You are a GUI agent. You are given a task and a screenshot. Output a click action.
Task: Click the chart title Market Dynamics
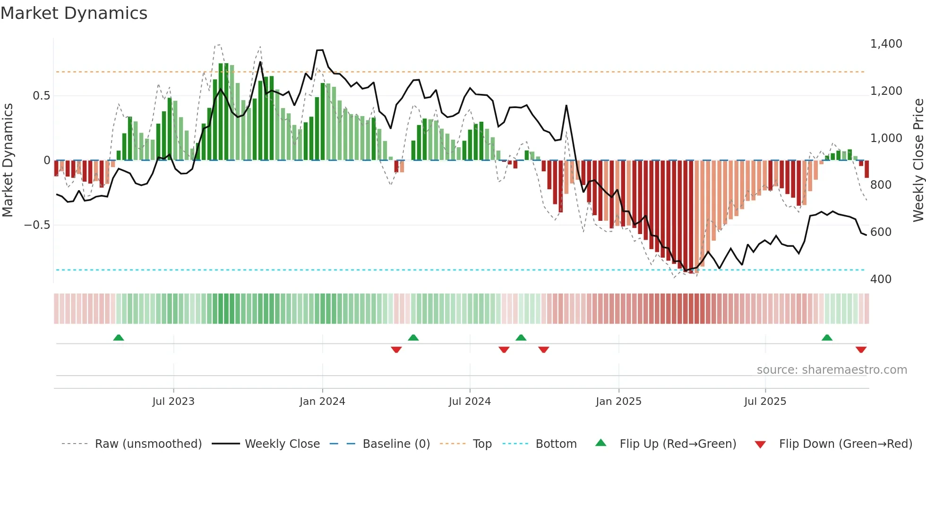coord(74,13)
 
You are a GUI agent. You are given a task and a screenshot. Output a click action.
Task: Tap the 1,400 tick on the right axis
coord(886,44)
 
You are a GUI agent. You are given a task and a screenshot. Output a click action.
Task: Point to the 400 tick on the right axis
coord(881,279)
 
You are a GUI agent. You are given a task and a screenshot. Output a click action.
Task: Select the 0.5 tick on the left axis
coord(41,96)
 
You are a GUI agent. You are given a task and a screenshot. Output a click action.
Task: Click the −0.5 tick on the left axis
coord(37,225)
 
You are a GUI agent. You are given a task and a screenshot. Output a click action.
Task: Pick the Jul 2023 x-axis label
coord(173,402)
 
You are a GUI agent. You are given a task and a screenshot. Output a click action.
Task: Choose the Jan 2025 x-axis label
coord(618,402)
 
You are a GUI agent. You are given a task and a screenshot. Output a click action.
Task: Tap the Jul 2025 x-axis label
coord(765,402)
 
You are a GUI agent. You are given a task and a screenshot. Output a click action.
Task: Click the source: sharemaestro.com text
coord(832,370)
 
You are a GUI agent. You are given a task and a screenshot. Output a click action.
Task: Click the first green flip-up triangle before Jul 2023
coord(119,338)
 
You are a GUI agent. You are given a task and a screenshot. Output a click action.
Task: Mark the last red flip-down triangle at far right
coord(861,350)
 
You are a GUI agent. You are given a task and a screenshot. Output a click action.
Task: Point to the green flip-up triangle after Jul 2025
coord(827,338)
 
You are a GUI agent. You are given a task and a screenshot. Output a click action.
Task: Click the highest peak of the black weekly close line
coord(320,50)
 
